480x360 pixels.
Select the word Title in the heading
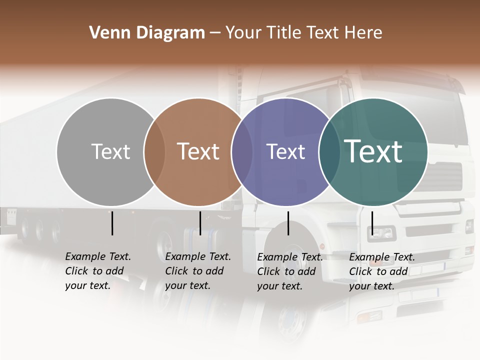tap(284, 33)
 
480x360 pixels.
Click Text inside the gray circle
tap(110, 151)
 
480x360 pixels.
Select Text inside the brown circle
tap(198, 151)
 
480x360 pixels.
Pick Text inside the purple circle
tap(285, 151)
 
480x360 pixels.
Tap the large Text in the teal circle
tap(373, 151)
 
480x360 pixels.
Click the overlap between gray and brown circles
tap(154, 152)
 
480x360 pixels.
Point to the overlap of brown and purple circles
tap(242, 152)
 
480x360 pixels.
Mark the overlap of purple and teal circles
tap(329, 152)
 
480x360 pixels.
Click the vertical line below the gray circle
tap(112, 223)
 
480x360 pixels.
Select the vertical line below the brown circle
tap(200, 223)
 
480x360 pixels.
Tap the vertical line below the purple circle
tap(288, 223)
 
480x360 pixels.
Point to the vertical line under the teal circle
tap(372, 223)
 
